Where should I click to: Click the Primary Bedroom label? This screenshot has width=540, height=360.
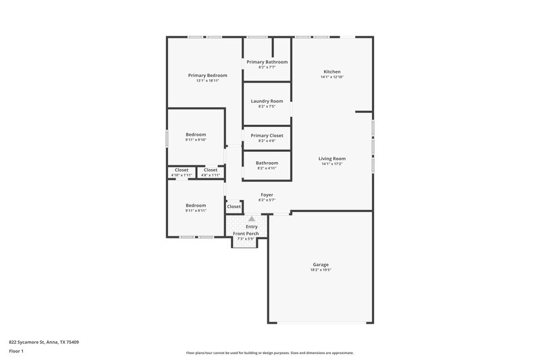pos(207,75)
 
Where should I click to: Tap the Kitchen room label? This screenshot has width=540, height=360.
pos(331,72)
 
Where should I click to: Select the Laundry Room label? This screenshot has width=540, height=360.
pos(267,101)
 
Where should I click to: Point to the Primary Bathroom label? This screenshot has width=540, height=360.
pos(267,61)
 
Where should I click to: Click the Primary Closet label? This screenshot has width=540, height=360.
pos(267,135)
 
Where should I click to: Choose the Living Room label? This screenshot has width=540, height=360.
pos(332,159)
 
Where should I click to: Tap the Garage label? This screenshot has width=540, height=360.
pos(321,264)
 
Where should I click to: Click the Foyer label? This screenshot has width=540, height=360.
pos(267,195)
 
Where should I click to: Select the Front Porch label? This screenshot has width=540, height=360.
pos(246,233)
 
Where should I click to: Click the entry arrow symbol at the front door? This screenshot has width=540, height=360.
pos(252,219)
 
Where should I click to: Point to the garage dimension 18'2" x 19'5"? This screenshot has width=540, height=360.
pos(321,269)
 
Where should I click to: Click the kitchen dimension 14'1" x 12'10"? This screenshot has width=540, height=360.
pos(331,77)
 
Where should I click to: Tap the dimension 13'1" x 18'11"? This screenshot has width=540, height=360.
pos(207,80)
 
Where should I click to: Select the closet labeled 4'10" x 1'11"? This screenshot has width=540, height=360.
pos(182,175)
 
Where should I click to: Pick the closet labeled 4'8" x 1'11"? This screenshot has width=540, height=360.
pos(211,175)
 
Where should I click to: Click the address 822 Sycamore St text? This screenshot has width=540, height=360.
pos(44,342)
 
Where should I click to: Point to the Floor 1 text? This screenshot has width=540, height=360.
pos(17,351)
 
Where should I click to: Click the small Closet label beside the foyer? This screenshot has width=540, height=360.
pos(234,206)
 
